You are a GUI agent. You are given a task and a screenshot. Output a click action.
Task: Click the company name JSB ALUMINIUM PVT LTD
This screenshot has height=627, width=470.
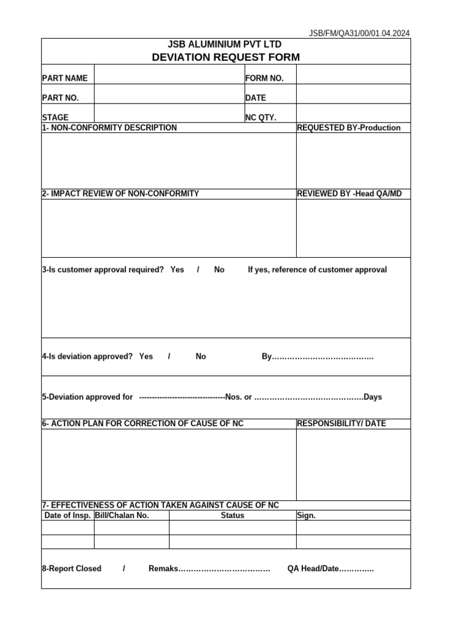[x=225, y=45]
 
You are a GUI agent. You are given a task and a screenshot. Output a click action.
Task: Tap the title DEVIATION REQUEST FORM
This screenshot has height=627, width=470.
[x=226, y=58]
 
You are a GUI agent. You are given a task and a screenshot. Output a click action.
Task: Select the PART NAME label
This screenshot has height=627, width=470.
[x=65, y=78]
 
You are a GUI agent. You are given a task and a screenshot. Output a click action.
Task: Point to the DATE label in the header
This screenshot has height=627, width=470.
[x=256, y=97]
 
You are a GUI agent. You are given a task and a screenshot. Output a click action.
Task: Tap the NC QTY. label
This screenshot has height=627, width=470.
[x=261, y=117]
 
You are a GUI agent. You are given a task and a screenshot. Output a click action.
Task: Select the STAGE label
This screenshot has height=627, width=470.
[x=55, y=117]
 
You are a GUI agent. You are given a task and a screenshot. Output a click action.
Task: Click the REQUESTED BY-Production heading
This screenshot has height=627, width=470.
[x=349, y=128]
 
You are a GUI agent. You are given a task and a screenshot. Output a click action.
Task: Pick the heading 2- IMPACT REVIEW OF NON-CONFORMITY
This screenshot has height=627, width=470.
[x=121, y=193]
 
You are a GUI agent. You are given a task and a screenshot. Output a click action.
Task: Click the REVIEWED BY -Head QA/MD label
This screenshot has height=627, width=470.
[x=349, y=193]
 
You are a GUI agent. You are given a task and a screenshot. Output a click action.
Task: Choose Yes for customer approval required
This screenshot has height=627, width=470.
[x=177, y=269]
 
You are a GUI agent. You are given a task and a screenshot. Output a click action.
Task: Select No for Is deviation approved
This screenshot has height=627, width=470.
[x=201, y=356]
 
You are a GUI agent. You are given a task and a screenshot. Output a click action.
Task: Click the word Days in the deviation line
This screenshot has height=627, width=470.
[x=373, y=397]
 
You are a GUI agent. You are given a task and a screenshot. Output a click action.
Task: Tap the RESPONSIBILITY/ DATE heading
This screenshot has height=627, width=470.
[x=341, y=423]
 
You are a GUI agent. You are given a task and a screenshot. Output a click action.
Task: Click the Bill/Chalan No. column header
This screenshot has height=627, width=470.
[x=122, y=516]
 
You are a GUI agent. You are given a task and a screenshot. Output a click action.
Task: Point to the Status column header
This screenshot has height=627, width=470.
[x=233, y=516]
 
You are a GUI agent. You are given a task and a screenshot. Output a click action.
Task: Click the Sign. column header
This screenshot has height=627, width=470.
[x=306, y=516]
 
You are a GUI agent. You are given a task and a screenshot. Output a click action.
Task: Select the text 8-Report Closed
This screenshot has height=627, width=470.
[x=72, y=569]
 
